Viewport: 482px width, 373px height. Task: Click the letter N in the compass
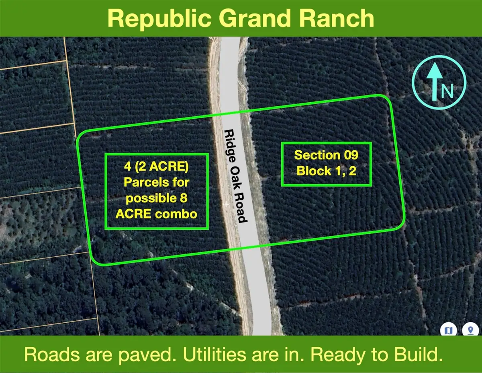coord(447,91)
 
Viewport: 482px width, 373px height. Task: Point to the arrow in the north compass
coord(434,82)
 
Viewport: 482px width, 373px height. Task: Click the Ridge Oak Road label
coord(235,176)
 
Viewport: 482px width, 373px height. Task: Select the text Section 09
coord(326,155)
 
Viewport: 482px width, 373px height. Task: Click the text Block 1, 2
coord(326,171)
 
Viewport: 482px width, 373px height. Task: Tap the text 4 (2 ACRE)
coord(156,166)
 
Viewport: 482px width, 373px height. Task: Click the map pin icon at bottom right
coord(470,330)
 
